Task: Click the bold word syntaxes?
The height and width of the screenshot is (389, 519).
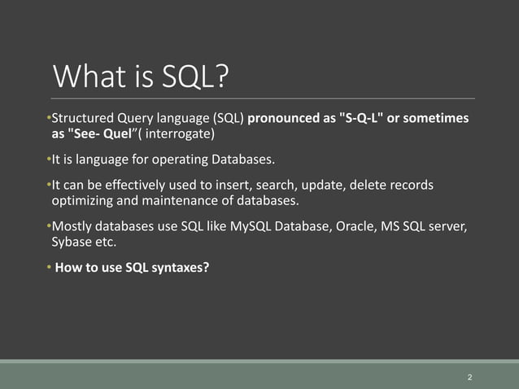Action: (178, 264)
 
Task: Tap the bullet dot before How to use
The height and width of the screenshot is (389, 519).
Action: (49, 264)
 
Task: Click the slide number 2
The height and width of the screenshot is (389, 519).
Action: (470, 378)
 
